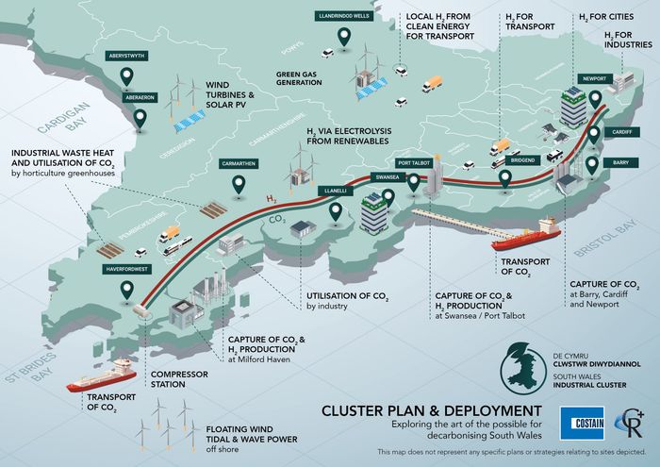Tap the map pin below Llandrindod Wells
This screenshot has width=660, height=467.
click(344, 40)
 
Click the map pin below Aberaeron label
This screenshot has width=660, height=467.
click(141, 119)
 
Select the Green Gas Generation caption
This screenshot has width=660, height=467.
click(301, 77)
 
